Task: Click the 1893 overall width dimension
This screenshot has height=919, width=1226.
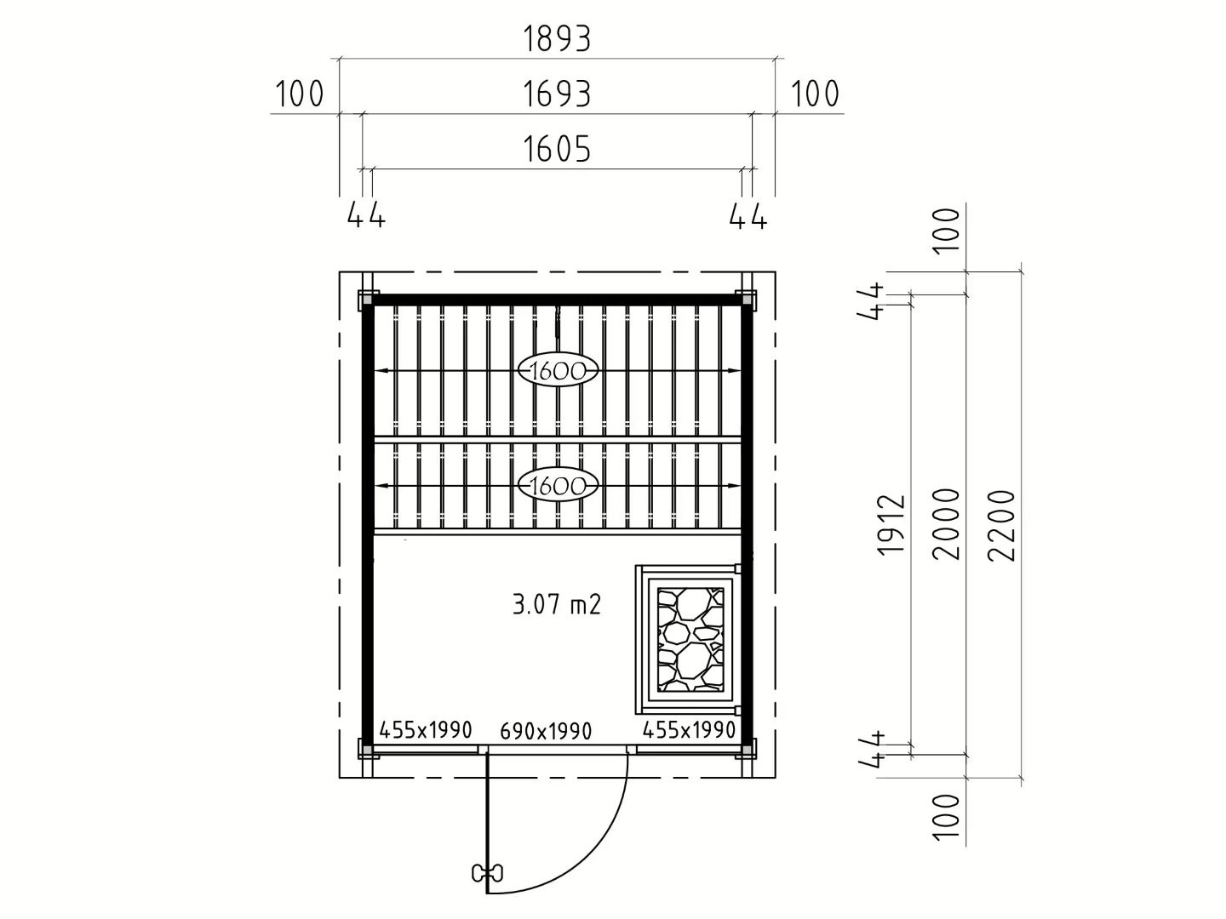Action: click(556, 39)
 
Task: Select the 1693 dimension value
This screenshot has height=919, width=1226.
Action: click(556, 94)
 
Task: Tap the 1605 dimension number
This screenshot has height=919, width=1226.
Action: click(556, 149)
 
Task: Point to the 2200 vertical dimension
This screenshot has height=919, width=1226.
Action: click(1001, 525)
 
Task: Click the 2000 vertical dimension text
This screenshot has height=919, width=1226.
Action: click(946, 524)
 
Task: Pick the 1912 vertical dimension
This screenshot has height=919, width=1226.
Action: click(891, 525)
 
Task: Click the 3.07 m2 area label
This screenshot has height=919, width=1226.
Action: click(556, 604)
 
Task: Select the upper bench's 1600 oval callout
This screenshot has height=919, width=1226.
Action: click(558, 370)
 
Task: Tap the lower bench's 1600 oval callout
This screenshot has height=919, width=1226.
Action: click(558, 485)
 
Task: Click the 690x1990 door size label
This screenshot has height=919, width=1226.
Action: click(546, 731)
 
